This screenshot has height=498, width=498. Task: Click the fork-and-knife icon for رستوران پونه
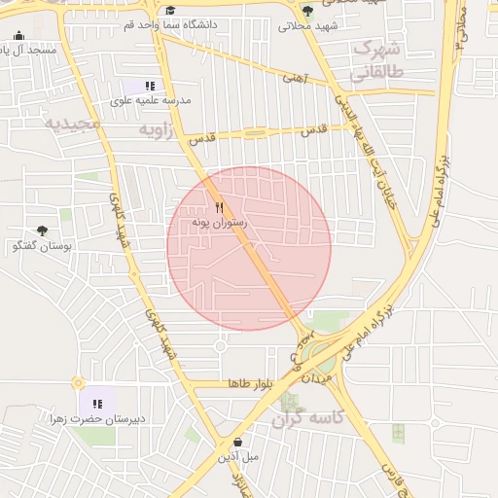(220, 207)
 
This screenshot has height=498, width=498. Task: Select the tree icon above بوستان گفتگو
(42, 231)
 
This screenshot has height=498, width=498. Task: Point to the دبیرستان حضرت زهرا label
(98, 418)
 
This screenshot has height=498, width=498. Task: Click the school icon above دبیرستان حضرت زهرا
(97, 403)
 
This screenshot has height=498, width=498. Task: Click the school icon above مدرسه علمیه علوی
(150, 86)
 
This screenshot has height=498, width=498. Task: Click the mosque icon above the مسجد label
(18, 36)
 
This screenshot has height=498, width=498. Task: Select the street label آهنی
(294, 76)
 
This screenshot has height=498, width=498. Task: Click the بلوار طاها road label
(248, 384)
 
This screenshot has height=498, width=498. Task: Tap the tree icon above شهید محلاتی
(308, 11)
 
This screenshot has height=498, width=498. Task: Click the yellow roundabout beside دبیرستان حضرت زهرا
(78, 382)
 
